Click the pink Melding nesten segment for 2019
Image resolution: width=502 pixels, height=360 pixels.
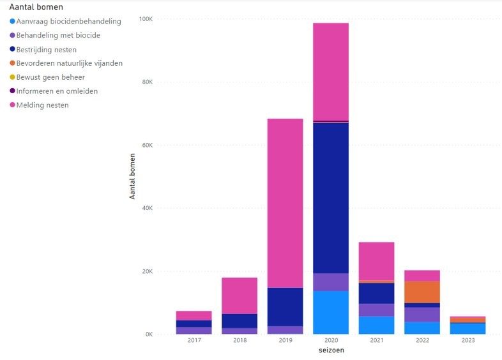pos(285,203)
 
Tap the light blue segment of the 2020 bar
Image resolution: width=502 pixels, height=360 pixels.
pos(331,312)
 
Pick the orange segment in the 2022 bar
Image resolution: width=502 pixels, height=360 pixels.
pos(422,292)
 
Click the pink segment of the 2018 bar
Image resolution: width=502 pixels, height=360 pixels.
pos(240,296)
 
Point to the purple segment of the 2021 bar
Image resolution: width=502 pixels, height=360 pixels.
pos(376,310)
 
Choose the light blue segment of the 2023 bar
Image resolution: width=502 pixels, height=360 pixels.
pos(468,328)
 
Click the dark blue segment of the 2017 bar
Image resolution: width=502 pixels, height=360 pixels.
pos(194,324)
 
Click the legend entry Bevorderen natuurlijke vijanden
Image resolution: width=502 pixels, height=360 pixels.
pos(69,63)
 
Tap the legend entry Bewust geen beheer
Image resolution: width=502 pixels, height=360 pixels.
pos(50,77)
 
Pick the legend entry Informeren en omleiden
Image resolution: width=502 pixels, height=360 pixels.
pos(57,91)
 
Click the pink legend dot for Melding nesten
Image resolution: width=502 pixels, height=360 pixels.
pos(12,105)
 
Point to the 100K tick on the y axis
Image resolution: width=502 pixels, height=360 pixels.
pos(146,19)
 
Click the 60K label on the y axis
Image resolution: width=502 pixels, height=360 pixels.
pos(147,145)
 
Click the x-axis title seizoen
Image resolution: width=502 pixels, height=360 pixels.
pos(331,350)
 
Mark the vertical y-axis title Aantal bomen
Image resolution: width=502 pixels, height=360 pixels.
pos(132,176)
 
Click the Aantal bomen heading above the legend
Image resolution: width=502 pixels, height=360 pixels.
pos(36,7)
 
